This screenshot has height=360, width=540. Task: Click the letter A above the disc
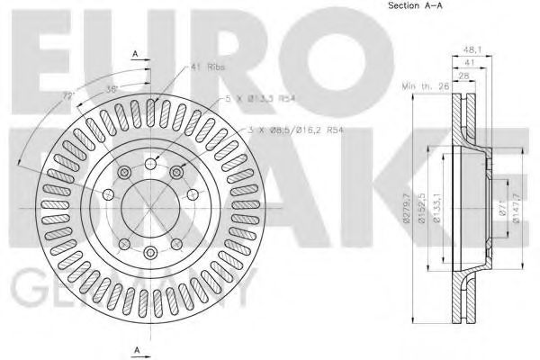tap(135, 55)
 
